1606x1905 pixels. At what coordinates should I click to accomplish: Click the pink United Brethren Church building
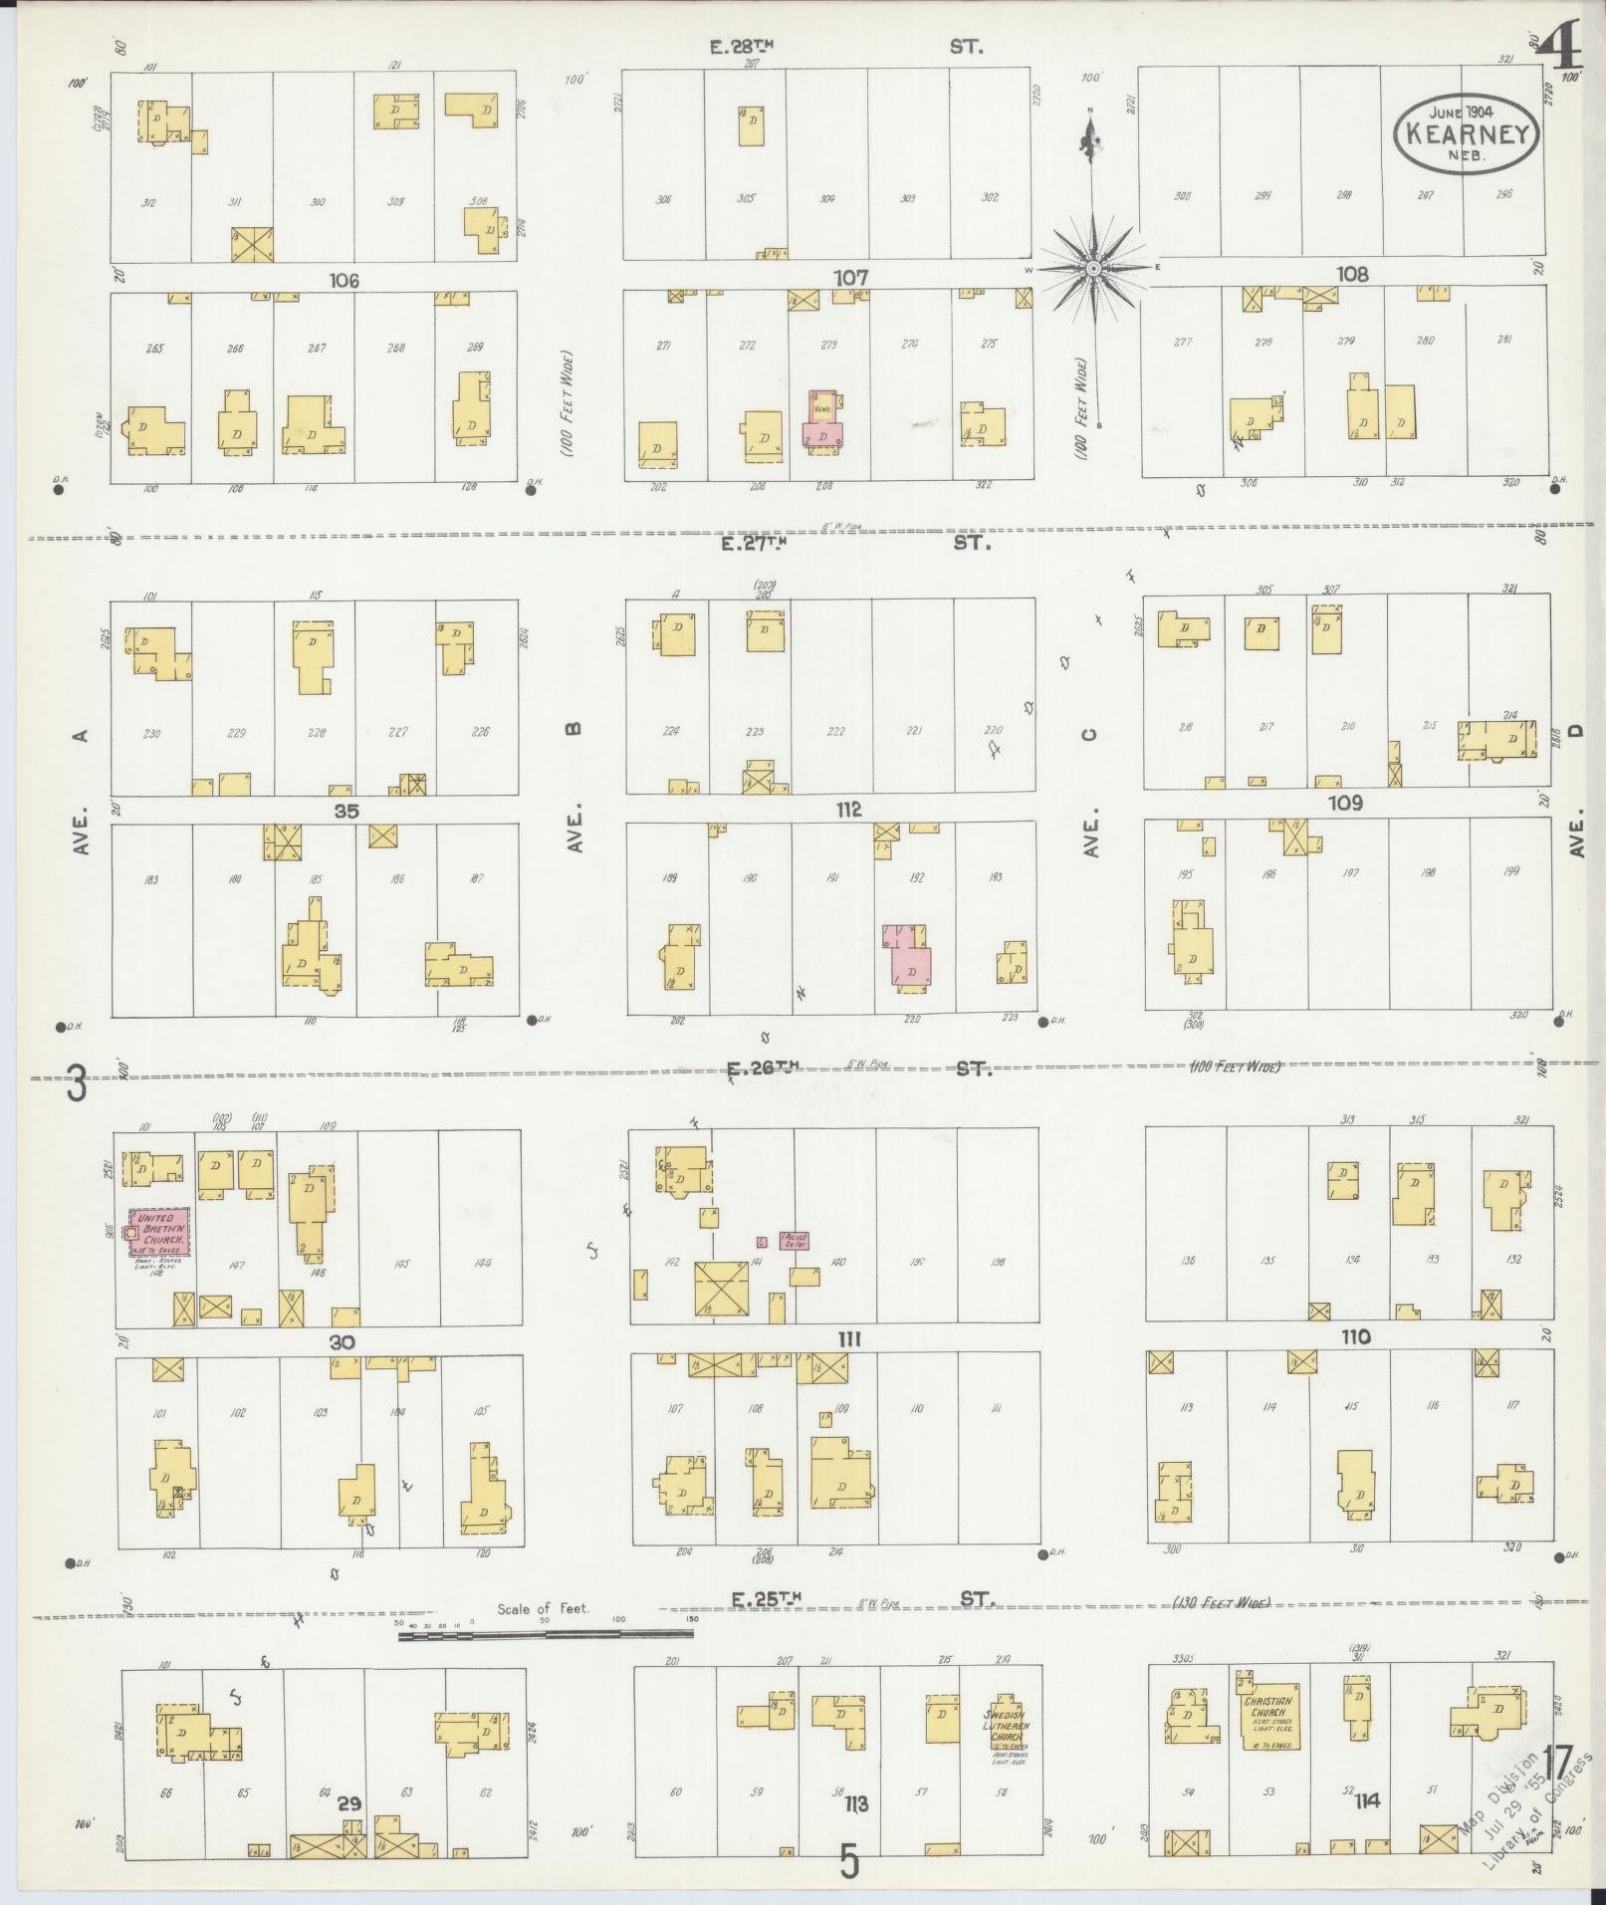(x=159, y=1232)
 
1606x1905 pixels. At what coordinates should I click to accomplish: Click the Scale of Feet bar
(x=547, y=1634)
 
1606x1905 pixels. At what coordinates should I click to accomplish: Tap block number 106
(x=344, y=281)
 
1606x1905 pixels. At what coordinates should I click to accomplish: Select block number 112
(x=848, y=809)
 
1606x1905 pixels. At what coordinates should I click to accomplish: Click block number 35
(x=345, y=811)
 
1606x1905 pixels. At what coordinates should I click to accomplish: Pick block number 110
(x=1355, y=1337)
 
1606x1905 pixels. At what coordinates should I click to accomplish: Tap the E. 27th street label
(x=761, y=544)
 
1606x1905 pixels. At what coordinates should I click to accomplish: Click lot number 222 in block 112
(x=835, y=731)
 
